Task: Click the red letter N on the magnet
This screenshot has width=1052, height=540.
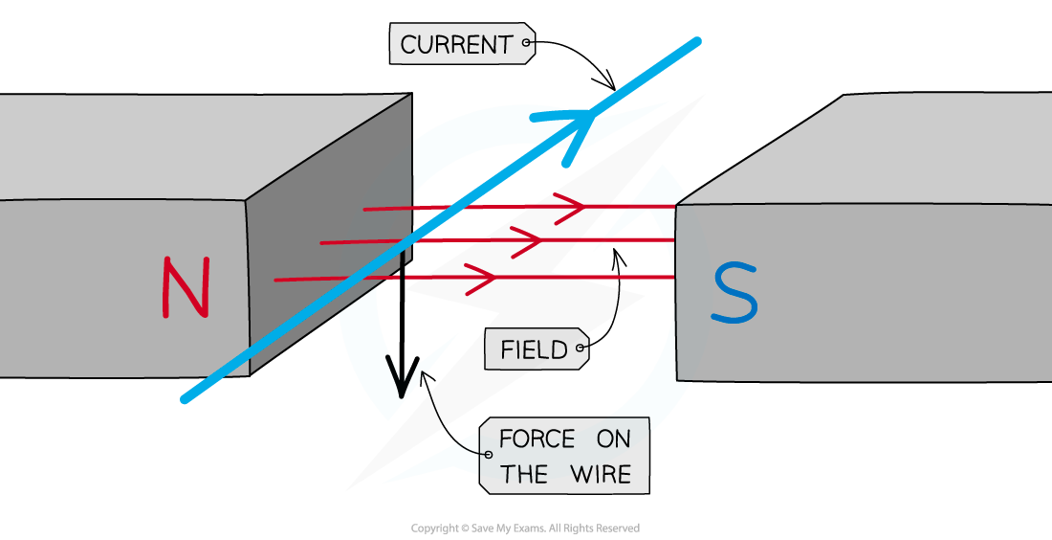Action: coord(186,287)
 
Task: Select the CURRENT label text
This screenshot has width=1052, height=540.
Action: coord(456,44)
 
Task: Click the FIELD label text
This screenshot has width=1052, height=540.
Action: coord(534,349)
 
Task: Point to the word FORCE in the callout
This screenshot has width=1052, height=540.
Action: coord(537,439)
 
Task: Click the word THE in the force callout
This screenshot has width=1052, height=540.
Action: coord(524,475)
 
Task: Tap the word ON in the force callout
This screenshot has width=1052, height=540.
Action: coord(615,439)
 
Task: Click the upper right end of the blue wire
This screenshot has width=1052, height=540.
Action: coord(696,41)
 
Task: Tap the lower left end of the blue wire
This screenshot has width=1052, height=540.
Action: coord(185,399)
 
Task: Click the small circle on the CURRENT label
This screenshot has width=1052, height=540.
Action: coord(526,43)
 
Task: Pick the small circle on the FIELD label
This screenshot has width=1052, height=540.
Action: coord(580,349)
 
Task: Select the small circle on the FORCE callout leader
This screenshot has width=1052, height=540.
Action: coord(488,454)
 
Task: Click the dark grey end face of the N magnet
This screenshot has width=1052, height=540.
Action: coord(325,239)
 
